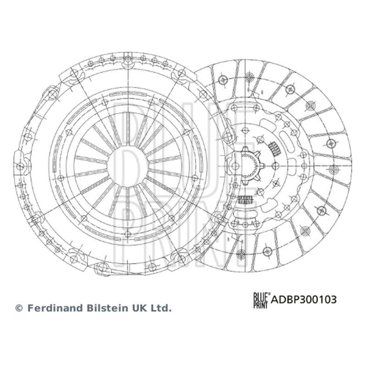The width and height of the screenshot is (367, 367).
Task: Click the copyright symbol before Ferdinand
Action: (x=19, y=308)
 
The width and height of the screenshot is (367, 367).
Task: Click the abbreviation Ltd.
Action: (x=162, y=308)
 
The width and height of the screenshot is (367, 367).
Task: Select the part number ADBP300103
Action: (x=304, y=300)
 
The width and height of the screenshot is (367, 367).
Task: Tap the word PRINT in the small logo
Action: (x=260, y=304)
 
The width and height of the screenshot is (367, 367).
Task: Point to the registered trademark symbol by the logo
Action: (x=269, y=294)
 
